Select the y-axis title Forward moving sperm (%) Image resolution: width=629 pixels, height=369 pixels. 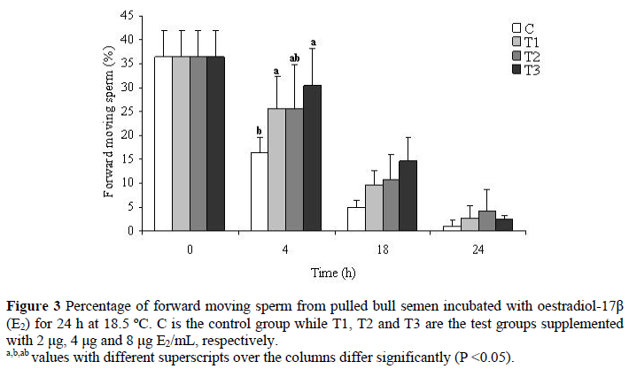tap(109, 124)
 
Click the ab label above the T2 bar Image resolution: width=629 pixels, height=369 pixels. tap(294, 58)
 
